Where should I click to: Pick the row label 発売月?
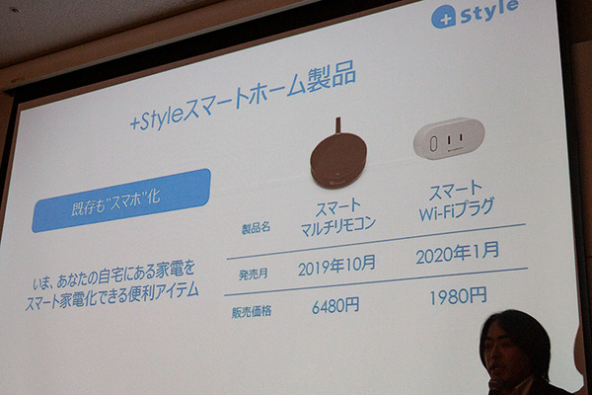pyautogui.click(x=255, y=274)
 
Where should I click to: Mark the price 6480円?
pyautogui.click(x=335, y=306)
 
